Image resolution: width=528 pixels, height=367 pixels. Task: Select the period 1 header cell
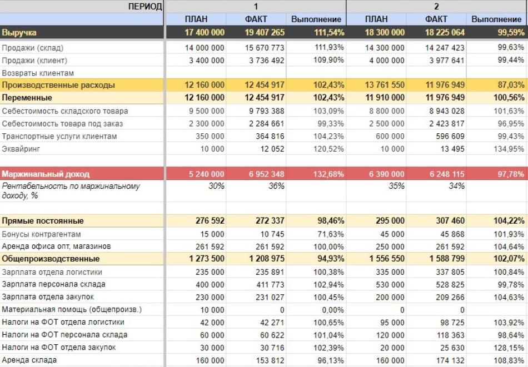click(256, 7)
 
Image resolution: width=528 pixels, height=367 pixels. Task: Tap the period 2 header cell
click(436, 7)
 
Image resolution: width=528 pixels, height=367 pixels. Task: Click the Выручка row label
click(19, 33)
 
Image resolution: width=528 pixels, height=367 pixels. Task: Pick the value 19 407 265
click(265, 33)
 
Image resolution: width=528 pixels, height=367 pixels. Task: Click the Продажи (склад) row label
click(32, 48)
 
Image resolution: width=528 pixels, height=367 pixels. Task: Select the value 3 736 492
click(265, 61)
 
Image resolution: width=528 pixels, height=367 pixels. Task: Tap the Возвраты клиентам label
click(38, 73)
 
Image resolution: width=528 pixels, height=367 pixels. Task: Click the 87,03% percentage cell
click(511, 85)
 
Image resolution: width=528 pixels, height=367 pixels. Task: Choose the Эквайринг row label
click(21, 149)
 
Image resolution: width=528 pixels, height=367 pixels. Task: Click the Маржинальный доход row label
click(46, 174)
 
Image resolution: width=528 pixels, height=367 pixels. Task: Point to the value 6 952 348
click(266, 174)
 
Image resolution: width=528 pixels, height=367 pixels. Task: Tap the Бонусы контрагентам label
click(41, 234)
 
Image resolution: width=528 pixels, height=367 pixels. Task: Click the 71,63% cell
click(329, 234)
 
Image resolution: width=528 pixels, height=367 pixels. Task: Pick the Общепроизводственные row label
click(51, 259)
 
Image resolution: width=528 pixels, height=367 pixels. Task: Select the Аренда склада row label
click(29, 360)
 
